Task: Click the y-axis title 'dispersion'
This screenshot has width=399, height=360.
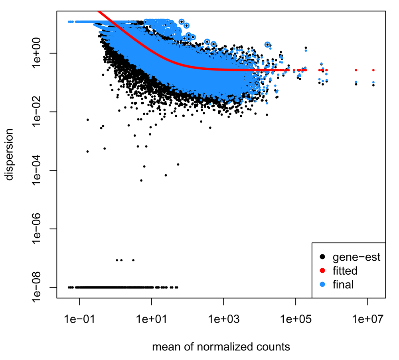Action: coord(10,154)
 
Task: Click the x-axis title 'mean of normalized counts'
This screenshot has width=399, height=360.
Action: coord(221,346)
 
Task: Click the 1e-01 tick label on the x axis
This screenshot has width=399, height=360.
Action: coord(79,319)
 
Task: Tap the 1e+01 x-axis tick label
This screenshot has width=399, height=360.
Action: coord(151,319)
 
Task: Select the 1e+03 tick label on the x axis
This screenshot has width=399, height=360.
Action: coord(223,319)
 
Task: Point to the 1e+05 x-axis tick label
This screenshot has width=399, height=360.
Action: coord(295,319)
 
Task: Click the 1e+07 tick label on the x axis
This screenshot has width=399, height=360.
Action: coord(367,319)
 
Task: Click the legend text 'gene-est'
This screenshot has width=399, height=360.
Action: coord(356,257)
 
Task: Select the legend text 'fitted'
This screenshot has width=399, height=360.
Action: coord(345,271)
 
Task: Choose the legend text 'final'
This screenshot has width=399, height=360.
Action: coord(343,284)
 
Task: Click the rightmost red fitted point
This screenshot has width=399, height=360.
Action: coord(373,70)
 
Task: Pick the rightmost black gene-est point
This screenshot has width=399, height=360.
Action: coord(373,85)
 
